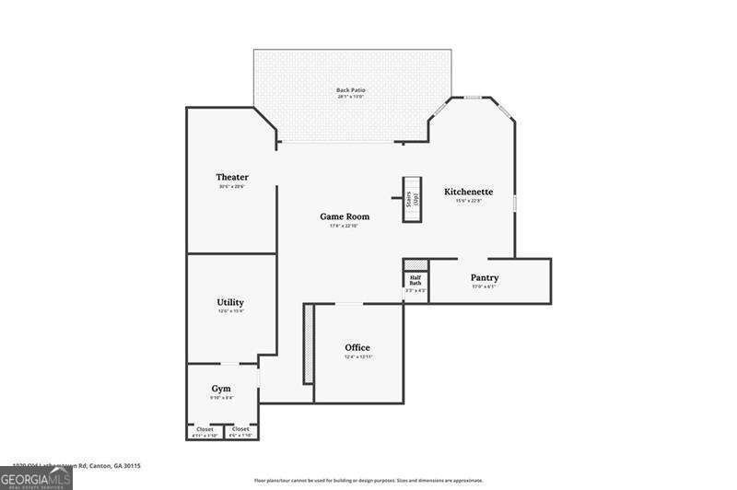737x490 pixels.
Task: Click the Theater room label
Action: point(232,177)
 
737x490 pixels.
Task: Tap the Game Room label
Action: point(345,216)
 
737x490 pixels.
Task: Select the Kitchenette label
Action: point(468,192)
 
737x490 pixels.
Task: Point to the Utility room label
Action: point(230,302)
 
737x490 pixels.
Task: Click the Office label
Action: point(357,347)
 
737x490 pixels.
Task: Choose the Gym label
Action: point(221,388)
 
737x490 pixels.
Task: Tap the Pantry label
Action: point(485,277)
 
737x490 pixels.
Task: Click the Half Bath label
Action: point(415,280)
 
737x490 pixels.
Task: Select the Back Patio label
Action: point(351,90)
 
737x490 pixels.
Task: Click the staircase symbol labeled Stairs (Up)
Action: point(412,198)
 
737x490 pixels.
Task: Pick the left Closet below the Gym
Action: point(205,429)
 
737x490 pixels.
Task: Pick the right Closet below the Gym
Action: point(240,429)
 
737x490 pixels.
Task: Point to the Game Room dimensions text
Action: point(344,226)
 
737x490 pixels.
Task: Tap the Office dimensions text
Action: point(357,357)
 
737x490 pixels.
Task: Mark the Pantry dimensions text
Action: point(485,286)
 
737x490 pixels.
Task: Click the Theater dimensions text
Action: point(231,187)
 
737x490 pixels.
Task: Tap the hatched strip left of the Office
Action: point(308,344)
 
